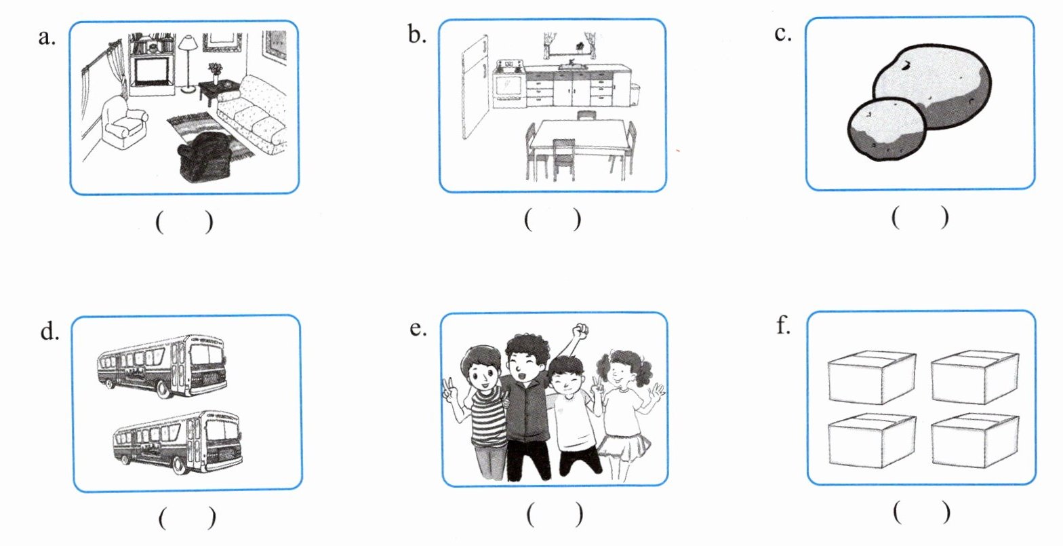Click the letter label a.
click(x=47, y=37)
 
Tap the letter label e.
click(x=418, y=328)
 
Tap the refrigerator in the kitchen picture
click(x=475, y=87)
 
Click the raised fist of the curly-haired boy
click(x=579, y=330)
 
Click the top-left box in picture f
click(x=871, y=377)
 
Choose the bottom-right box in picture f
click(x=975, y=440)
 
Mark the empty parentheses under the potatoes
click(x=920, y=217)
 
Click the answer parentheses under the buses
click(x=187, y=518)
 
